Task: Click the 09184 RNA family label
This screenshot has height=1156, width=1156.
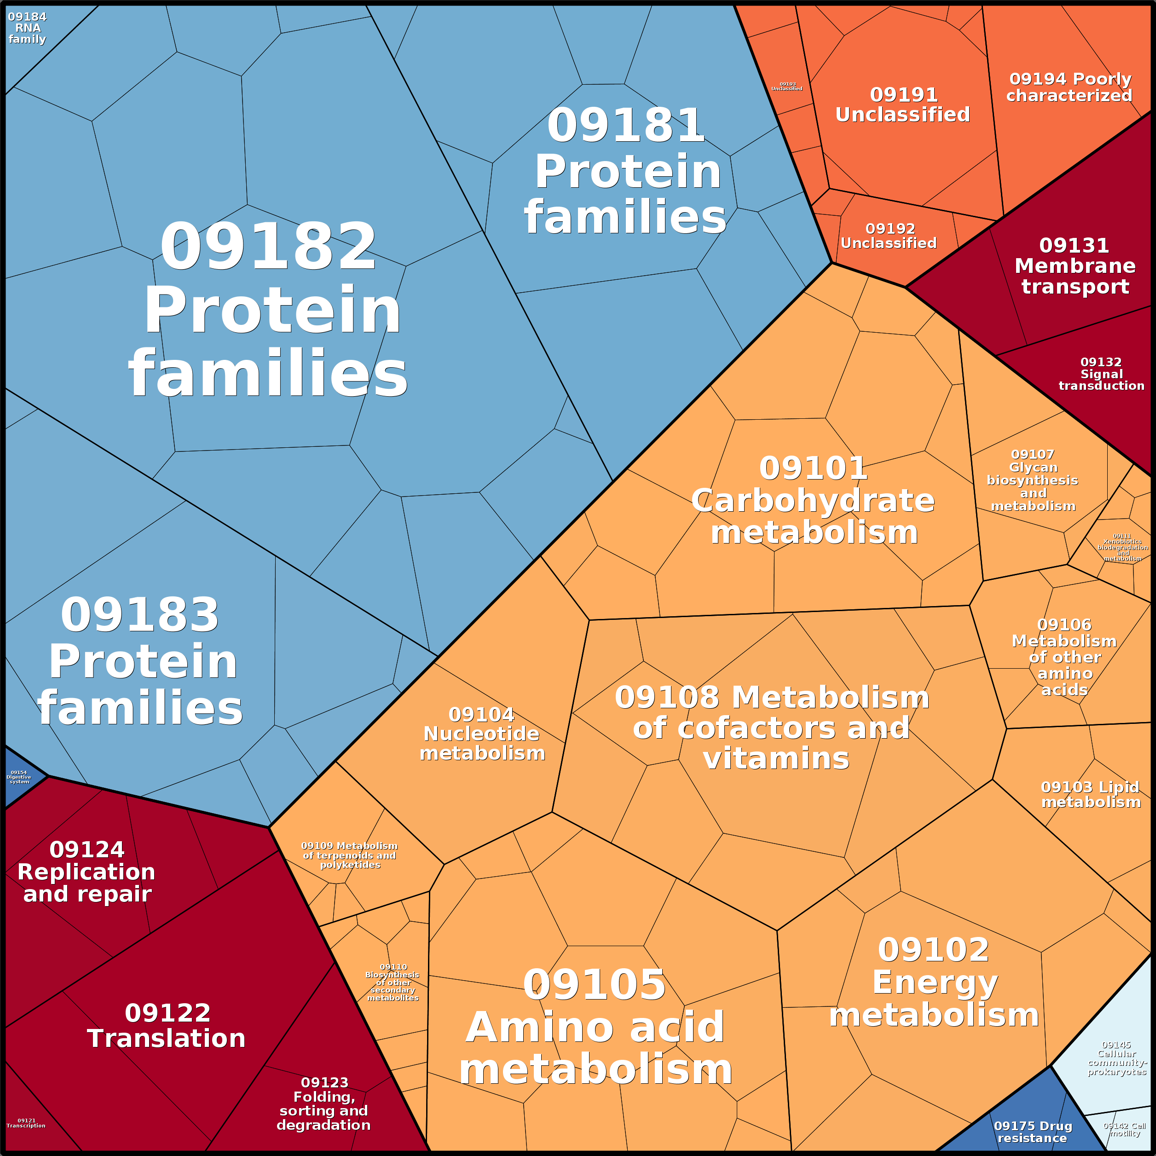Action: pos(28,28)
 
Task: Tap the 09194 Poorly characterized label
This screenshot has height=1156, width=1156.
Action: pos(1069,87)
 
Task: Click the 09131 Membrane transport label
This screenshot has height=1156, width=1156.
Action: pos(1075,266)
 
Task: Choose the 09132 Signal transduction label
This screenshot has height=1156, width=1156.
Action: pos(1102,374)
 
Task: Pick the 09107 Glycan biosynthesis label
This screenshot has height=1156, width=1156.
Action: pos(1033,480)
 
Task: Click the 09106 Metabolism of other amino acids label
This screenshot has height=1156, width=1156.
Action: pos(1064,657)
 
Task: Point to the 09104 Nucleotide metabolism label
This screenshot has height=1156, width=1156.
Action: pos(482,734)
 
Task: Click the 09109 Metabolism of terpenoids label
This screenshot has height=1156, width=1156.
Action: pos(349,855)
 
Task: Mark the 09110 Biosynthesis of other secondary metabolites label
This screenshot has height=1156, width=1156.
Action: pos(393,983)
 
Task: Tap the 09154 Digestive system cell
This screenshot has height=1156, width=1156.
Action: pos(19,777)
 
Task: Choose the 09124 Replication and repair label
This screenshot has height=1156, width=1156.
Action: pos(87,872)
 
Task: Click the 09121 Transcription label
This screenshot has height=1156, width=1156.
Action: pos(26,1123)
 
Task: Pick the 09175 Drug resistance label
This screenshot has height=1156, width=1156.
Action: pos(1033,1132)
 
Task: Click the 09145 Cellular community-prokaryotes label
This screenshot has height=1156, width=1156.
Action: pos(1116,1058)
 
